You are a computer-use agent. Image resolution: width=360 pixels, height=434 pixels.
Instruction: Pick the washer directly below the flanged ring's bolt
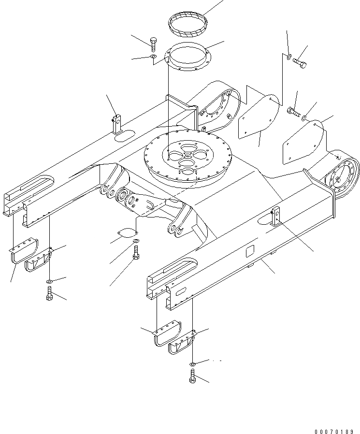pos(153,58)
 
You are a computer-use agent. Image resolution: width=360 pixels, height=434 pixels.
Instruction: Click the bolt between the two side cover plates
pos(293,112)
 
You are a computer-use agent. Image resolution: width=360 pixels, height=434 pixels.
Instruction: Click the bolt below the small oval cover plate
pos(136,252)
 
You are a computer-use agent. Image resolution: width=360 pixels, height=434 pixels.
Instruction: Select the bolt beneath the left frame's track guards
pos(49,293)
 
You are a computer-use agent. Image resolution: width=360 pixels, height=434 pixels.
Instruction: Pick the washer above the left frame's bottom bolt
pos(50,281)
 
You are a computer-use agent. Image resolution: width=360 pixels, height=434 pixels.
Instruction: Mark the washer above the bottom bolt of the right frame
pos(192,363)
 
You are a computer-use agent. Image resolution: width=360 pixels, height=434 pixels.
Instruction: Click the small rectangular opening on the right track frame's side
pos(250,251)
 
